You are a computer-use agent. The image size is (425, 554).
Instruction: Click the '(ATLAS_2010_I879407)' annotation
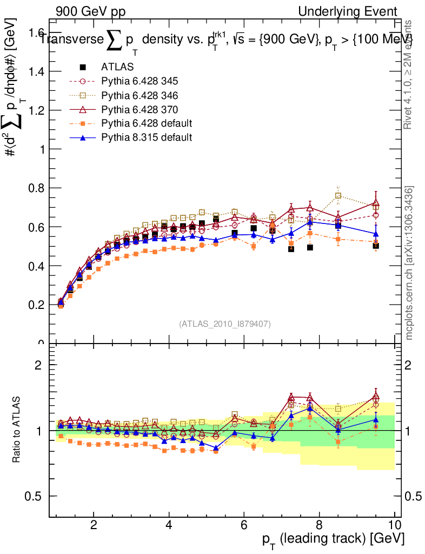pos(225,324)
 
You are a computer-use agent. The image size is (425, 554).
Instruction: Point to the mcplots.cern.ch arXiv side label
pos(410,263)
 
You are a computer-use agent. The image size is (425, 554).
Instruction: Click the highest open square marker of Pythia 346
pos(338,195)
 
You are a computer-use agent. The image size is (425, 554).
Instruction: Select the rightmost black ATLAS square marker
pos(376,246)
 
